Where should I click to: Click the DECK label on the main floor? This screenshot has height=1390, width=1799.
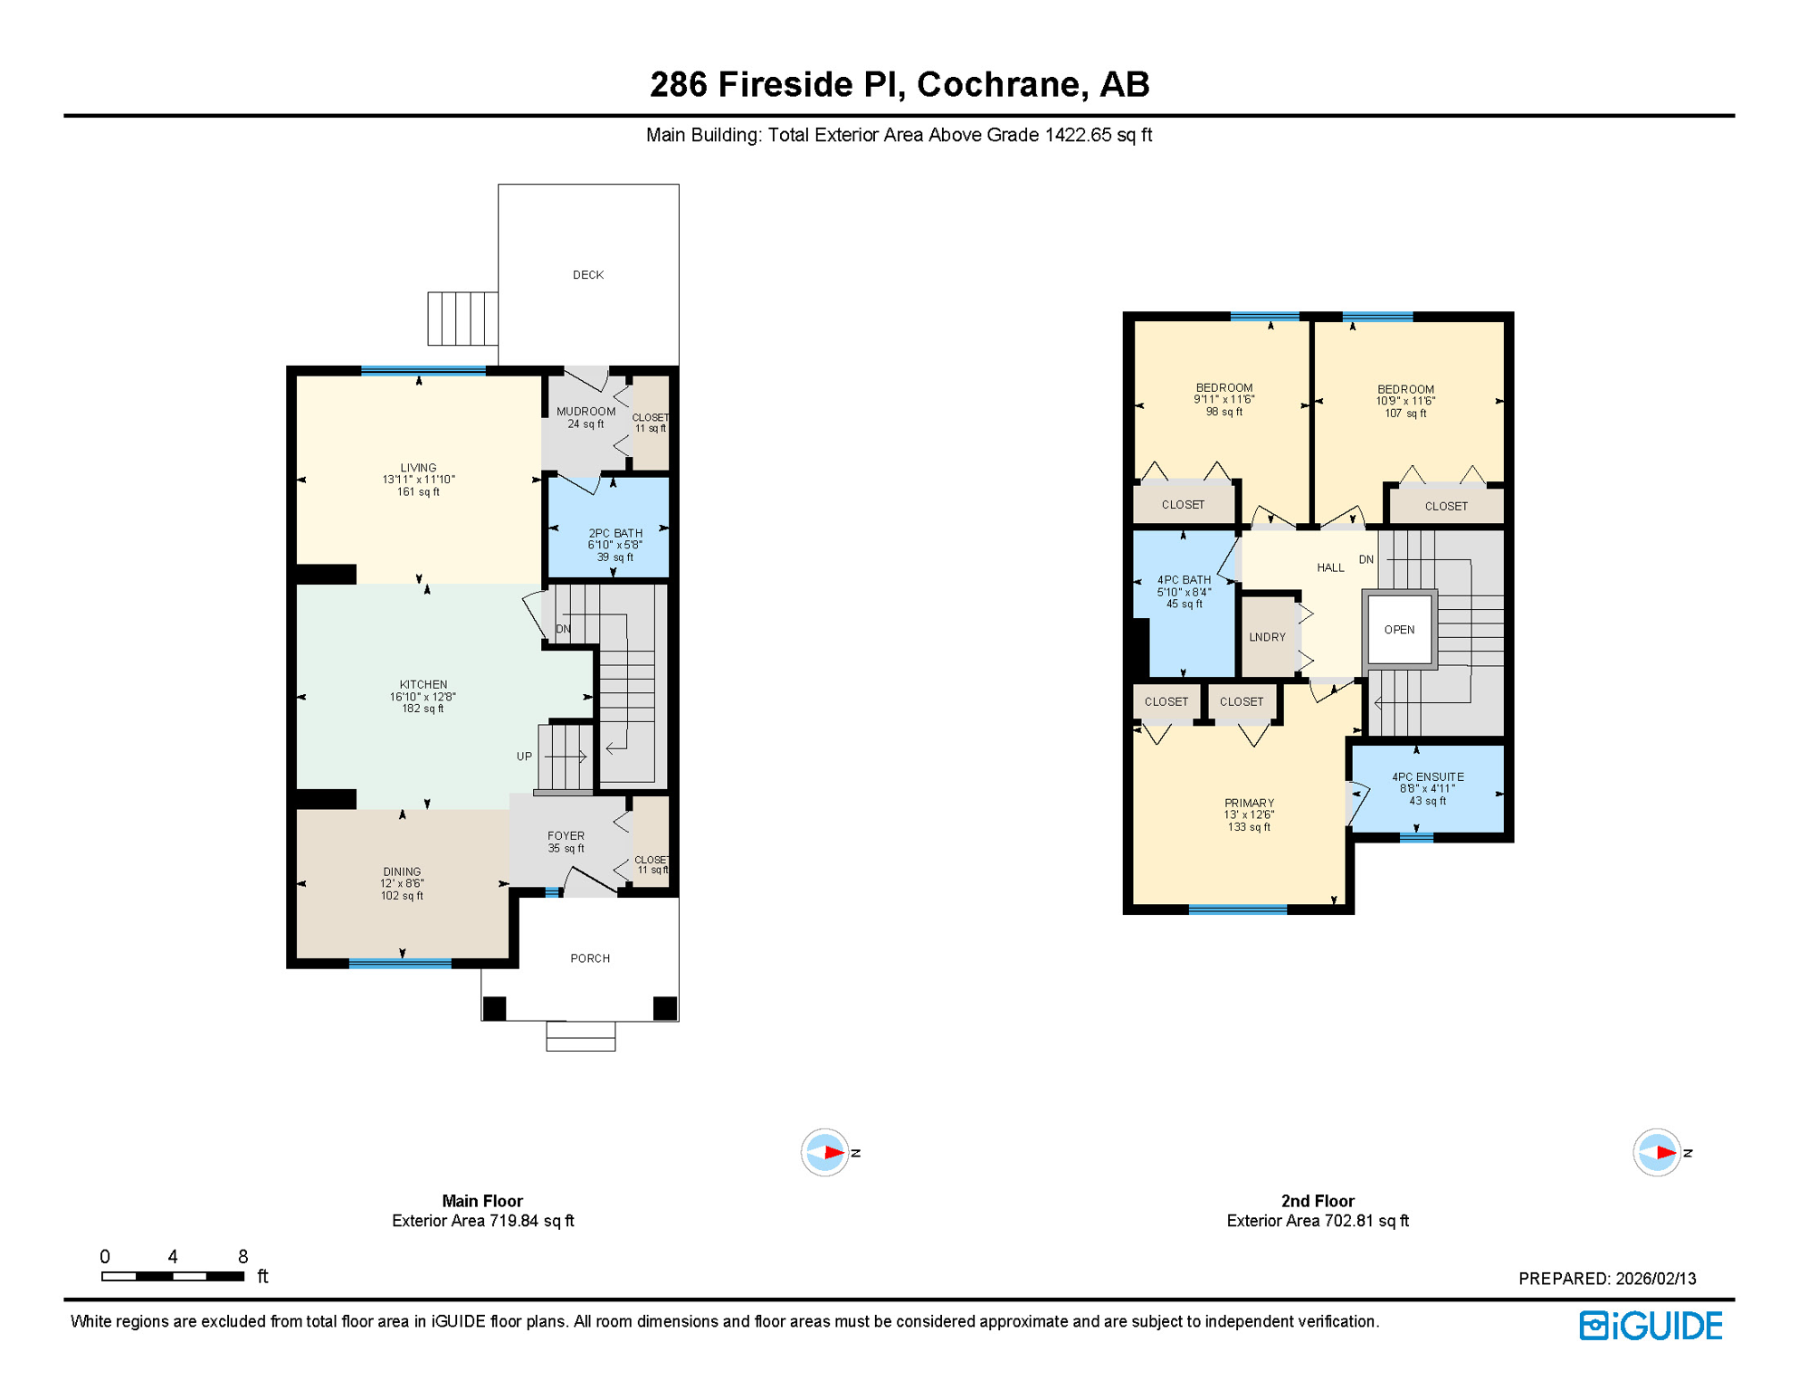tap(588, 275)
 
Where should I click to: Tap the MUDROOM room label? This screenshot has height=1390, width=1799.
tap(585, 412)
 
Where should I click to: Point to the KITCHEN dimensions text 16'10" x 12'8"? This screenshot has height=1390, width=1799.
tap(423, 697)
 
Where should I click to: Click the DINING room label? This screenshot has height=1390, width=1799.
tap(402, 872)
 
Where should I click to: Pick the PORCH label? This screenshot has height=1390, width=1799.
tap(590, 958)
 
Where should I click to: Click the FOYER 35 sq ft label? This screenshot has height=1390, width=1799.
tap(566, 842)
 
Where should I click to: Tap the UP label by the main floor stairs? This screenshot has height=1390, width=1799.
tap(524, 757)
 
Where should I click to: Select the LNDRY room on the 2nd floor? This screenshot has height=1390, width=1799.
tap(1267, 637)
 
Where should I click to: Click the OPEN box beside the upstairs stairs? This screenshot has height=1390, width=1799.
tap(1399, 630)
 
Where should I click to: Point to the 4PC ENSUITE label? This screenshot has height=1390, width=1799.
tap(1427, 777)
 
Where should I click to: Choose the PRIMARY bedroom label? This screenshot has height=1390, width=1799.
tap(1249, 804)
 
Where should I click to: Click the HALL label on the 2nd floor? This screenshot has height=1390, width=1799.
tap(1330, 568)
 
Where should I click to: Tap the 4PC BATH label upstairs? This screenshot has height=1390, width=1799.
tap(1184, 581)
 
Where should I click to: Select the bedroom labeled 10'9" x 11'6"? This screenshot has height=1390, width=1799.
tap(1405, 401)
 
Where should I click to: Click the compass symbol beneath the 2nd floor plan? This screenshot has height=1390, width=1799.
tap(1657, 1153)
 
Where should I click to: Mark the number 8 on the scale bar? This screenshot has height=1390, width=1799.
tap(243, 1257)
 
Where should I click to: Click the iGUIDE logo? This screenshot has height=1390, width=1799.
tap(1651, 1326)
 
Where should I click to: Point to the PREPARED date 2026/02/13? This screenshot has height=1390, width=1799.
tap(1655, 1279)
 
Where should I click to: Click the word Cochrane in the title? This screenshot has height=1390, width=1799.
tap(998, 84)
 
